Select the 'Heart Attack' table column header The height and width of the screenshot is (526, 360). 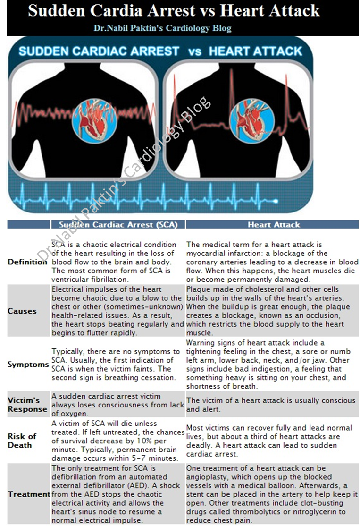pos(274,225)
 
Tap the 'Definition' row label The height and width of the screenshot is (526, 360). pos(27,262)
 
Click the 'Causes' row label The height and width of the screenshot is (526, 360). pos(22,311)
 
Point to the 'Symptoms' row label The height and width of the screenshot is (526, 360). pos(28,365)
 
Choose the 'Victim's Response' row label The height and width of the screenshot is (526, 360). pos(27,405)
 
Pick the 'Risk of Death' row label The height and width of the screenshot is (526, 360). pos(22,441)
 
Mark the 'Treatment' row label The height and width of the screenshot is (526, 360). pos(29,494)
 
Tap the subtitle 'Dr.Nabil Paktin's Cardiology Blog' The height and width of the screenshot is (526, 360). pos(163,28)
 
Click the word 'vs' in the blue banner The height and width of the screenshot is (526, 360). pos(194,51)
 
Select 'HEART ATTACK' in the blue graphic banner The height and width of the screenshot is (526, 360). pos(255,51)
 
